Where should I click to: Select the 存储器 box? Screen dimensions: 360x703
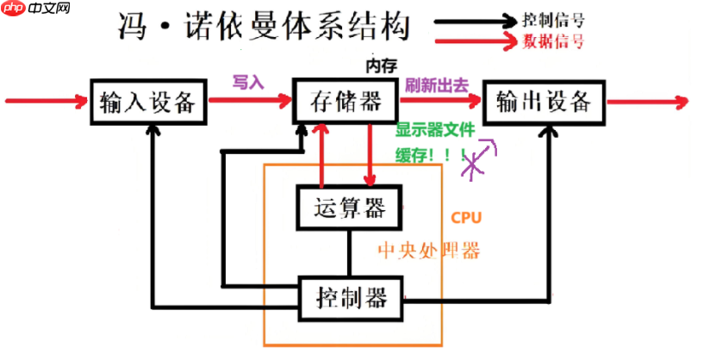pos(345,102)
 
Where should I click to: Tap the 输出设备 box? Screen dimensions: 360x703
pos(544,102)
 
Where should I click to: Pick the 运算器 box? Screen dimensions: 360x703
pos(348,208)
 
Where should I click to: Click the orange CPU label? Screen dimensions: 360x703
pos(466,217)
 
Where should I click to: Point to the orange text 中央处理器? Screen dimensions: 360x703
pos(428,251)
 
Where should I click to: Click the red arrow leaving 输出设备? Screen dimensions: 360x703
pos(648,102)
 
